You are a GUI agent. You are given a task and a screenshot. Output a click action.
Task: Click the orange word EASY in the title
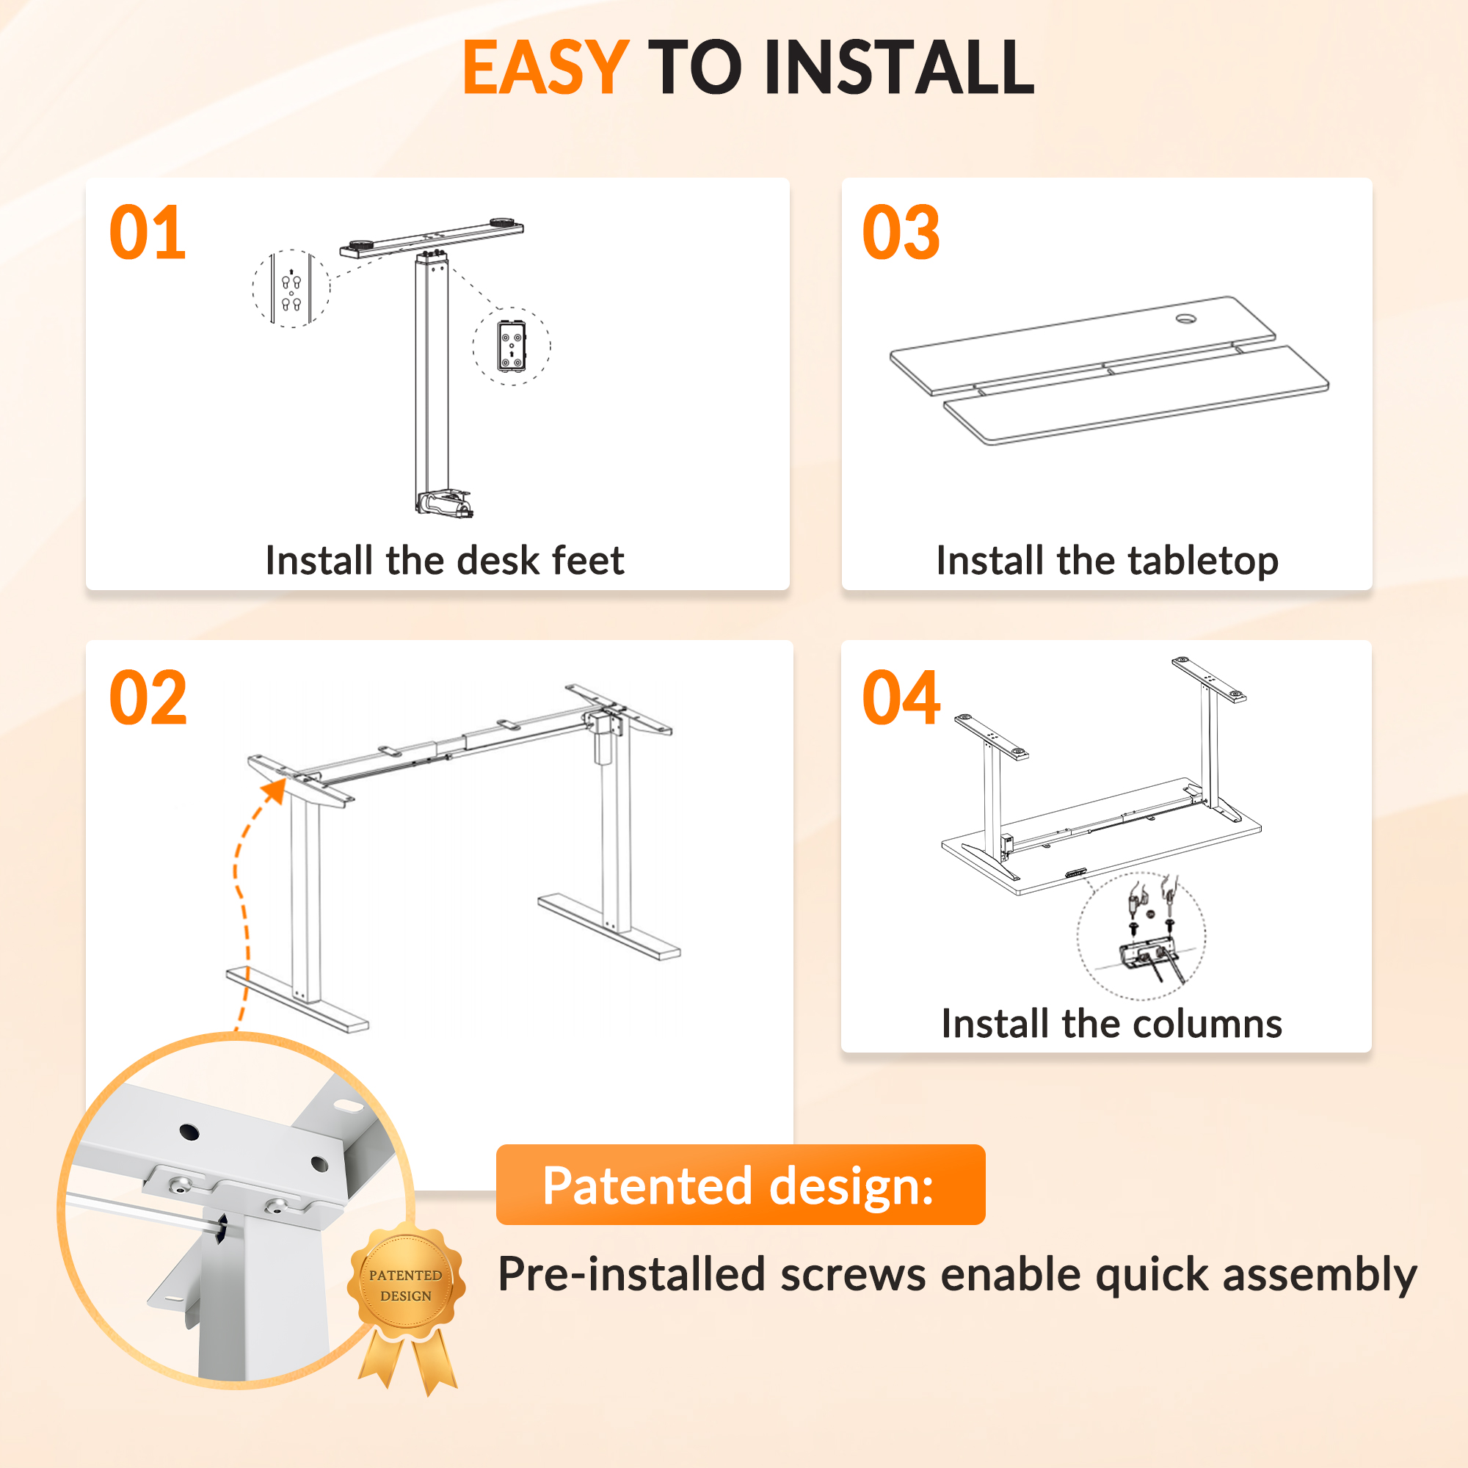[x=545, y=68]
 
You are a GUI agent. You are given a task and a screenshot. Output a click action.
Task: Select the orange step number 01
[x=148, y=233]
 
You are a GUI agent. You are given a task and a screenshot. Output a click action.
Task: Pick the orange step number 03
[x=901, y=233]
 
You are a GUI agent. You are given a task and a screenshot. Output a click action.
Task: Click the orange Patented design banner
[x=741, y=1185]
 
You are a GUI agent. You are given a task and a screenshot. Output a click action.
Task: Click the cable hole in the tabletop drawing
[x=1186, y=319]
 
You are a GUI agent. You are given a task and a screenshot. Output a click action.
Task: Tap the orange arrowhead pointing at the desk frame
[x=274, y=789]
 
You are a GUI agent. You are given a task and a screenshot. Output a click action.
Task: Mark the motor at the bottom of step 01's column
[x=444, y=503]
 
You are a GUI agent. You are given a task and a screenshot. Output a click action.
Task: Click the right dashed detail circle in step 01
[x=512, y=346]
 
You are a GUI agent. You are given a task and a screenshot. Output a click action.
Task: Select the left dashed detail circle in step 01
[x=291, y=288]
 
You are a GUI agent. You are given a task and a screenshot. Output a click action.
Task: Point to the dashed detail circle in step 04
[x=1141, y=935]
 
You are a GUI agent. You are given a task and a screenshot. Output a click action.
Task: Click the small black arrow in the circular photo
[x=220, y=1229]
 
